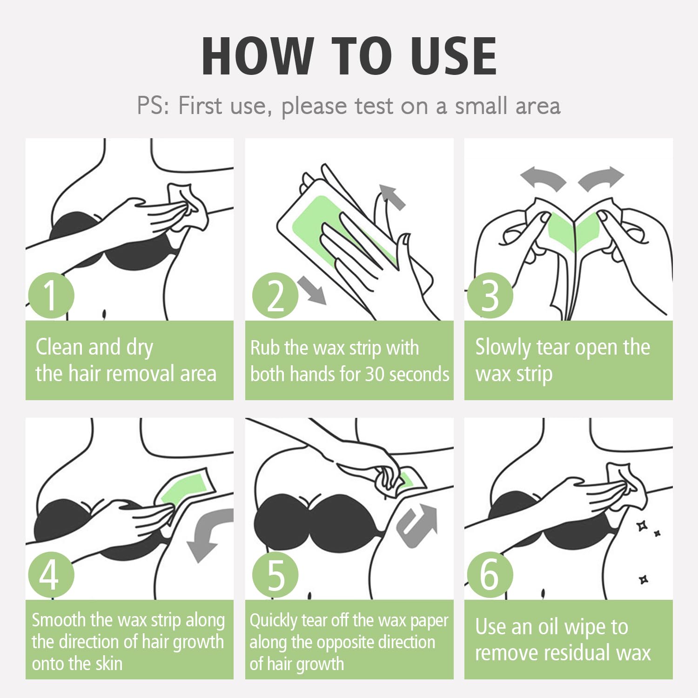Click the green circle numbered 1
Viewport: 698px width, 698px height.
tap(51, 295)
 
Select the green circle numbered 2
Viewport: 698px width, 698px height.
tap(275, 295)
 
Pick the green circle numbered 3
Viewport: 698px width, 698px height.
tap(490, 295)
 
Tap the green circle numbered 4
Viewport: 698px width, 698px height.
tap(51, 575)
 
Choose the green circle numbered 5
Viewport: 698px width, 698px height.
tap(275, 575)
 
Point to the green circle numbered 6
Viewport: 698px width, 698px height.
tap(490, 575)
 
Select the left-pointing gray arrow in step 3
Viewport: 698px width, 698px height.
tap(543, 179)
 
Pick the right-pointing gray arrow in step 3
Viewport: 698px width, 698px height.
tap(601, 179)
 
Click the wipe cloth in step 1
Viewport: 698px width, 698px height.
tap(188, 206)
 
